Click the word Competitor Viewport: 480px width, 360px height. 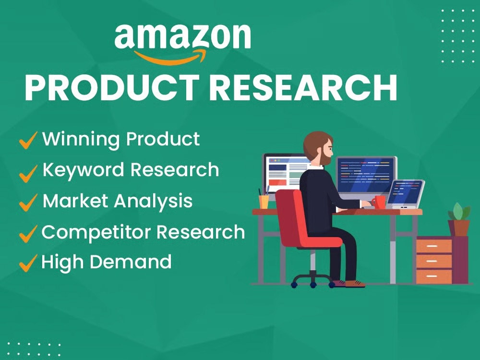tap(96, 232)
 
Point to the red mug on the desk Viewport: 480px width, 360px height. tap(379, 202)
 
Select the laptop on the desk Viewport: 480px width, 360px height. tap(405, 194)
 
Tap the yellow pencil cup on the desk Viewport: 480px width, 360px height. tap(264, 201)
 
